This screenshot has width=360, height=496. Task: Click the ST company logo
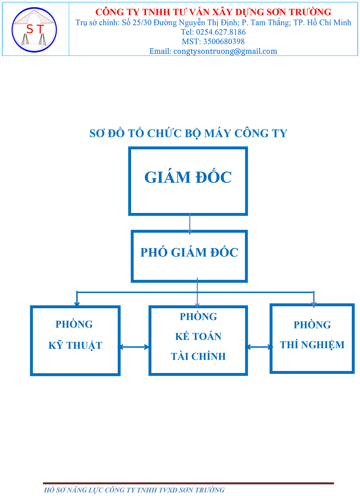(x=34, y=30)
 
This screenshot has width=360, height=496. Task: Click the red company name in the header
(x=213, y=12)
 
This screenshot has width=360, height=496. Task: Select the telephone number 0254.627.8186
(x=221, y=32)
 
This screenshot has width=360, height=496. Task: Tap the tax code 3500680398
(x=224, y=41)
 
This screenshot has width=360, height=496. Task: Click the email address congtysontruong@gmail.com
(x=225, y=51)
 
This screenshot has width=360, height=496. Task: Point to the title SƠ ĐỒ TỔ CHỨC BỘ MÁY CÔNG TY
(x=188, y=133)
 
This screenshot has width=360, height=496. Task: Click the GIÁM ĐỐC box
(x=188, y=181)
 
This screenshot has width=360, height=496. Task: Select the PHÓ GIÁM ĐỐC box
(x=189, y=256)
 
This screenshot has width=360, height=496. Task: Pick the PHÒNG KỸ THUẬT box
(x=75, y=340)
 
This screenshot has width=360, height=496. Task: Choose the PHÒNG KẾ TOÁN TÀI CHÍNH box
(x=198, y=340)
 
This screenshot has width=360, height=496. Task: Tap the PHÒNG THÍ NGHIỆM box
(x=312, y=339)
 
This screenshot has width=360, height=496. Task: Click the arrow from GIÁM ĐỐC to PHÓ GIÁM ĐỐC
(x=190, y=223)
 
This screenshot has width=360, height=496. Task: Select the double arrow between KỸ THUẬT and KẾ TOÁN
(x=134, y=347)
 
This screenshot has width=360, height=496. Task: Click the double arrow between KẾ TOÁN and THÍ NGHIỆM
(x=259, y=347)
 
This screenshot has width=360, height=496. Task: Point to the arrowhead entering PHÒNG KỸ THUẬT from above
(x=77, y=304)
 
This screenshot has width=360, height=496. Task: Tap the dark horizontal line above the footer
(x=188, y=483)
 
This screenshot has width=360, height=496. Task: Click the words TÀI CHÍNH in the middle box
(x=198, y=356)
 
